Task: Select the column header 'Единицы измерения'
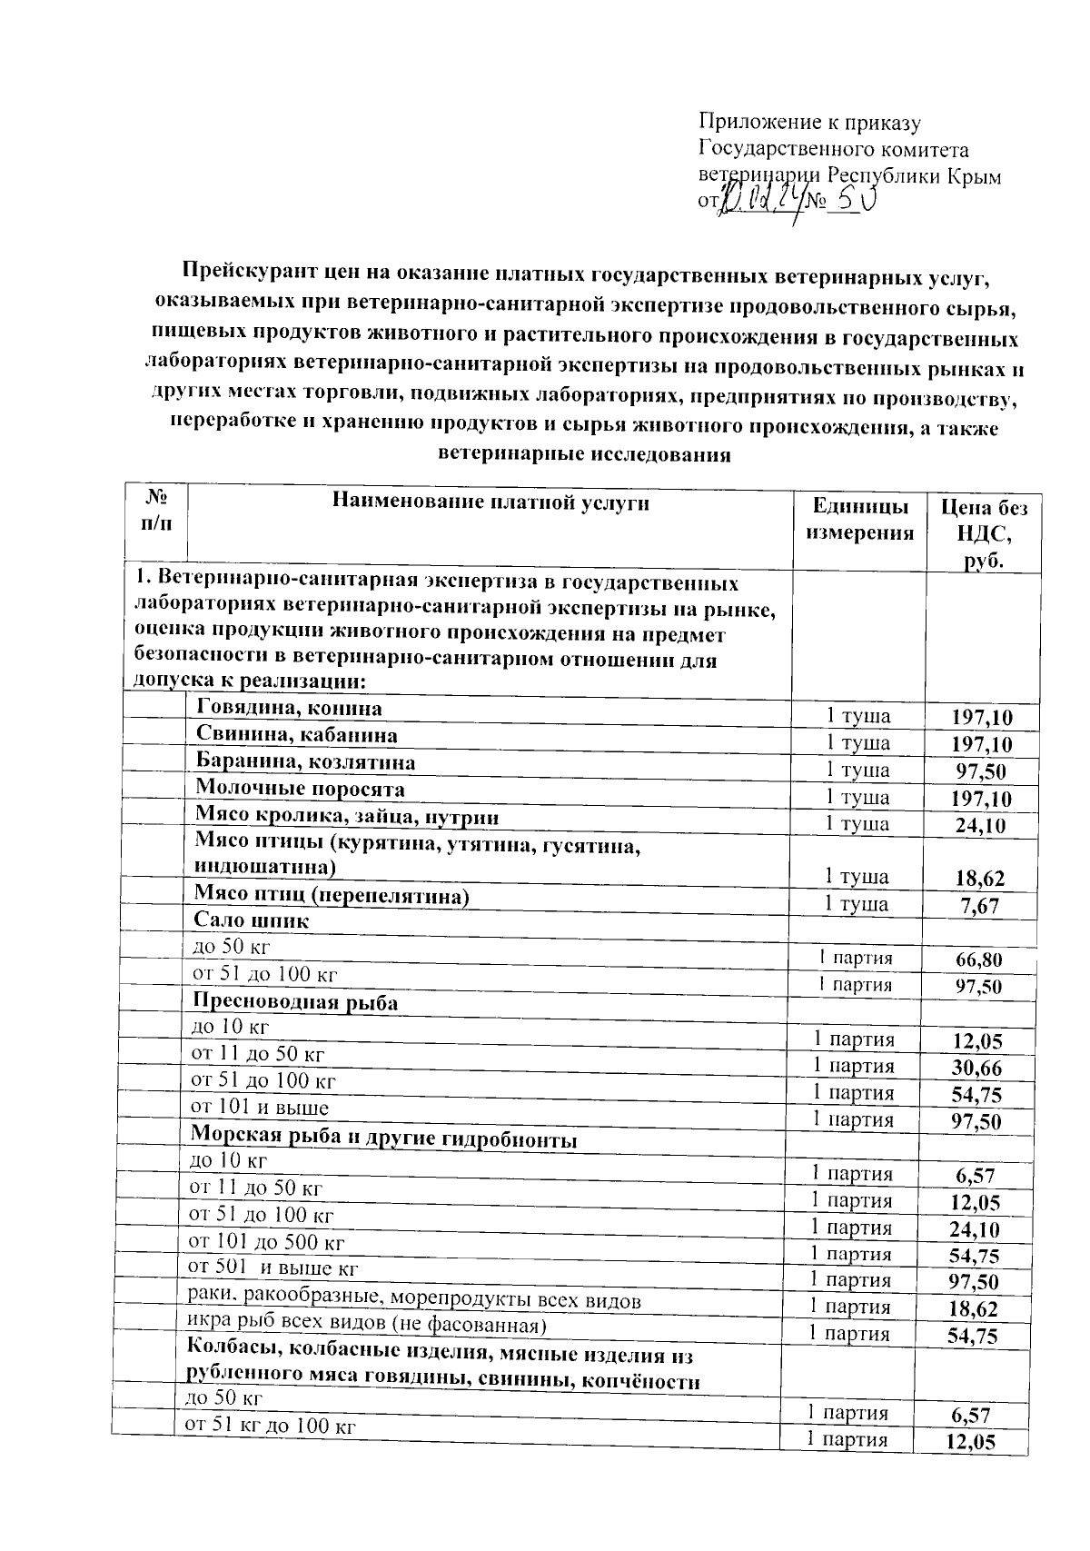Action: [859, 519]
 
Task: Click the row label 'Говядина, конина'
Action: [289, 708]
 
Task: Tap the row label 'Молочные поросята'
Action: [300, 789]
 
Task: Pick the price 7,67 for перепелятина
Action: [977, 906]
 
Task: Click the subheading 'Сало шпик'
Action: [251, 920]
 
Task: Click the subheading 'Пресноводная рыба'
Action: [294, 1002]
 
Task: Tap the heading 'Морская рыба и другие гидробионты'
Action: [383, 1138]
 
